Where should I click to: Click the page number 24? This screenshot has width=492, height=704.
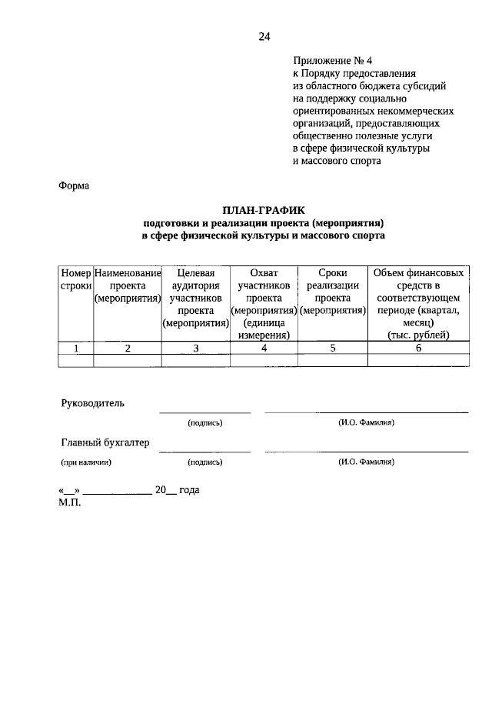(x=264, y=36)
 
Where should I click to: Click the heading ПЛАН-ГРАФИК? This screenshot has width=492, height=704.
(x=264, y=209)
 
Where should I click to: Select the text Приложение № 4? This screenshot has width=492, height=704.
(x=337, y=60)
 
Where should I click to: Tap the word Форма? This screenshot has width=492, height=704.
(x=74, y=185)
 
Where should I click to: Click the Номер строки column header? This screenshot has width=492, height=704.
(x=76, y=279)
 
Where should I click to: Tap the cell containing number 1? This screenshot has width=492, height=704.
(x=76, y=348)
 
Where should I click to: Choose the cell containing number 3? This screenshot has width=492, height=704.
(x=195, y=348)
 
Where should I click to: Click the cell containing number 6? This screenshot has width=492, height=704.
(x=418, y=348)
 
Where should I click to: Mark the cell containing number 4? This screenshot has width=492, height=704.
(x=264, y=348)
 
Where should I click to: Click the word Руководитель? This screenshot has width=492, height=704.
(x=92, y=403)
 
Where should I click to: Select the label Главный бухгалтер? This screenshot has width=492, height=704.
(x=105, y=442)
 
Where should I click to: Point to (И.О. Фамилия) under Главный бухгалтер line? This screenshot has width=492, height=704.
(x=366, y=462)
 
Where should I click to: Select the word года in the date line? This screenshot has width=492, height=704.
(x=189, y=490)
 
